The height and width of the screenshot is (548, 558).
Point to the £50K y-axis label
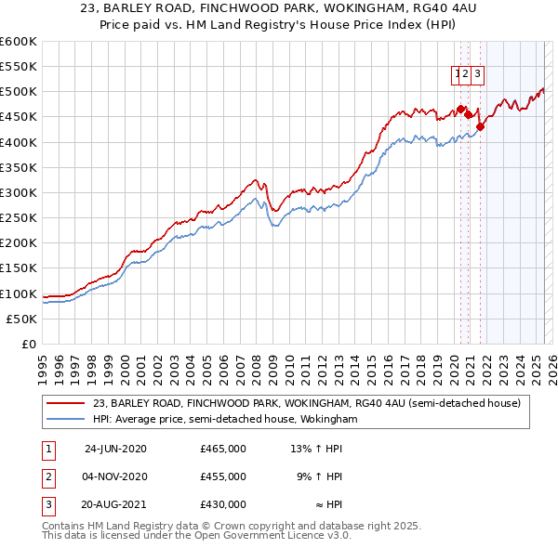tap(21, 319)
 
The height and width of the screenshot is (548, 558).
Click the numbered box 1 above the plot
tap(458, 75)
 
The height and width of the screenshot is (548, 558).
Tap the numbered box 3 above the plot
tap(477, 75)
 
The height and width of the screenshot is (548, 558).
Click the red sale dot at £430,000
tap(480, 126)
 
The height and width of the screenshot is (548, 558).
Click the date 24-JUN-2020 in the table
tap(115, 449)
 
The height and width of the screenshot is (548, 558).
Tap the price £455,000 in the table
tap(223, 476)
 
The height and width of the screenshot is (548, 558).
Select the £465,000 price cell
tap(223, 449)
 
